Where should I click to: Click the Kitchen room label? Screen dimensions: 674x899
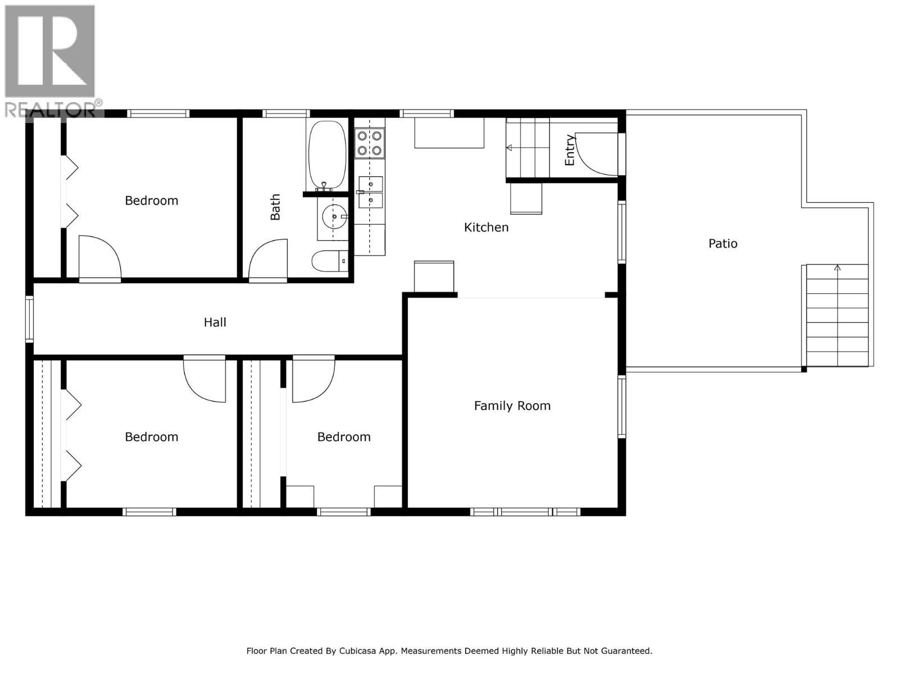click(486, 227)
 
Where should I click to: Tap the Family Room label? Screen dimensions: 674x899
click(512, 406)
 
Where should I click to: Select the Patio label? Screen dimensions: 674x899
click(723, 244)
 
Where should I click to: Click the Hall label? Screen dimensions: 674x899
click(215, 322)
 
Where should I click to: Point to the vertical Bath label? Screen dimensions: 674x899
click(275, 207)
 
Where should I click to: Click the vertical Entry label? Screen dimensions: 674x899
click(570, 150)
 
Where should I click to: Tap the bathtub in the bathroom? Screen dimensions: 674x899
click(326, 154)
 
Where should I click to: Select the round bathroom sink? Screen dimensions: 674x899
click(334, 216)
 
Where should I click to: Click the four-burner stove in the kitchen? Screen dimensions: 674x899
click(369, 143)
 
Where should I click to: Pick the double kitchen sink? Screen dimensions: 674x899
click(370, 192)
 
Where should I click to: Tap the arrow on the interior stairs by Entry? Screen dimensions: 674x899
click(510, 148)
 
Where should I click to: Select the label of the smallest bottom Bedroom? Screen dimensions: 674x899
click(344, 437)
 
